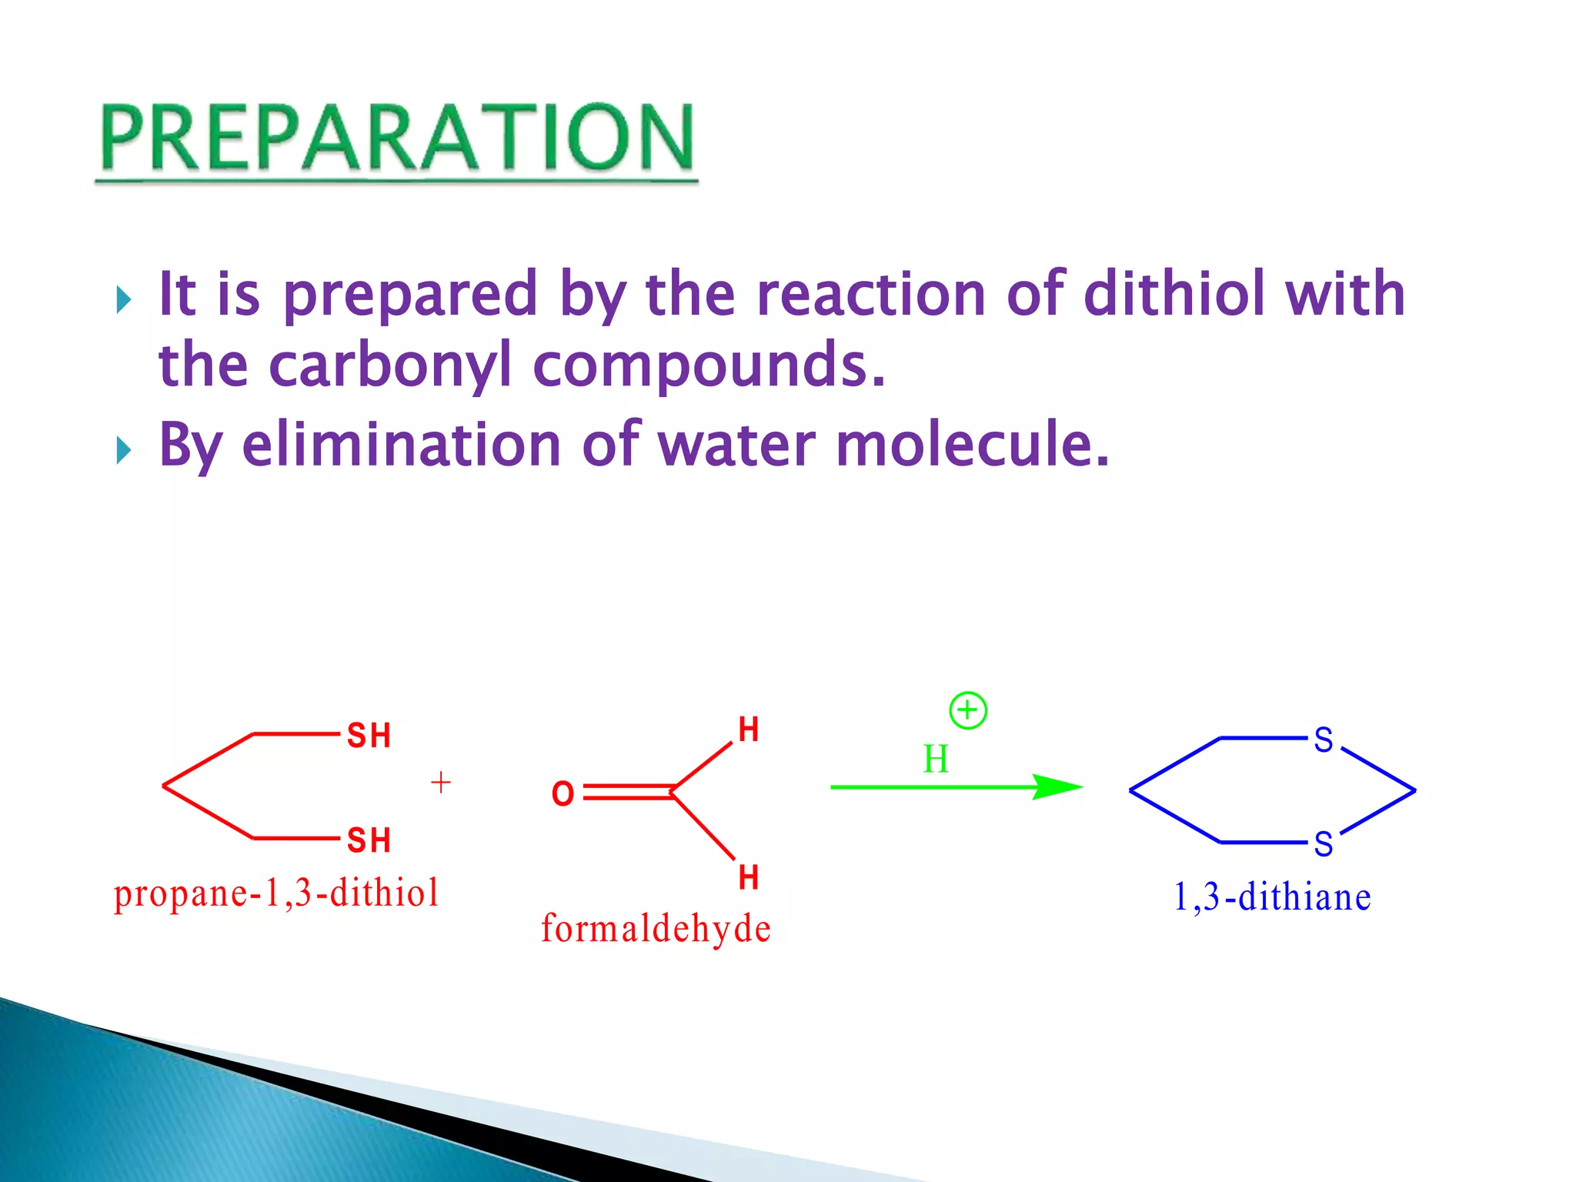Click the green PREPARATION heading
396,139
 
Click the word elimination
401,445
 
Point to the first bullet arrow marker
123,299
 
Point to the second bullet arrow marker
123,450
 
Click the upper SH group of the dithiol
369,736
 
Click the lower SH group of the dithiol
369,840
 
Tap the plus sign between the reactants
441,783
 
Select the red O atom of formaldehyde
563,793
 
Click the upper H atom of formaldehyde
748,730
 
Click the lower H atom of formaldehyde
748,877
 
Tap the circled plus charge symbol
967,710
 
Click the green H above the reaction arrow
935,760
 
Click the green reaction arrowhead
1058,786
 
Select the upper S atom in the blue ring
1323,740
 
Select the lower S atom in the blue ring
1323,844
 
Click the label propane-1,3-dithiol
276,893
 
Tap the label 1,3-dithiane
1271,897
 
